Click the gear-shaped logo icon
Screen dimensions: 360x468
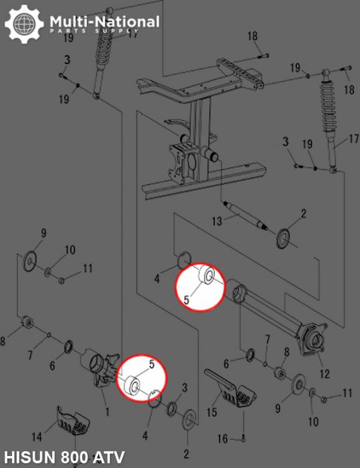click(24, 24)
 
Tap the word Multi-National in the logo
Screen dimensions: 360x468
click(104, 22)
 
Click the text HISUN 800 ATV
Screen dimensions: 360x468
click(64, 457)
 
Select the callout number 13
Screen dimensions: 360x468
click(217, 221)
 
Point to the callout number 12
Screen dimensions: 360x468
click(325, 374)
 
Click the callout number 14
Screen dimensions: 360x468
click(37, 437)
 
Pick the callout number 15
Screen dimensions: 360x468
click(212, 413)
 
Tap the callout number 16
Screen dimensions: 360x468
click(223, 439)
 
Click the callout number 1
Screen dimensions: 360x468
click(107, 413)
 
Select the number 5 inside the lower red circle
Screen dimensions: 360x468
click(152, 364)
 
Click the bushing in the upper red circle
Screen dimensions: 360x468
click(207, 274)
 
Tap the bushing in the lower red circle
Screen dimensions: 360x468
click(132, 385)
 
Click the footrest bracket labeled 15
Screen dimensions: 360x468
click(230, 388)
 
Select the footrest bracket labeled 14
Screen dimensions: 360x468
click(73, 421)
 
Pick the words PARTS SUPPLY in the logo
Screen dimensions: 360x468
click(94, 31)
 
